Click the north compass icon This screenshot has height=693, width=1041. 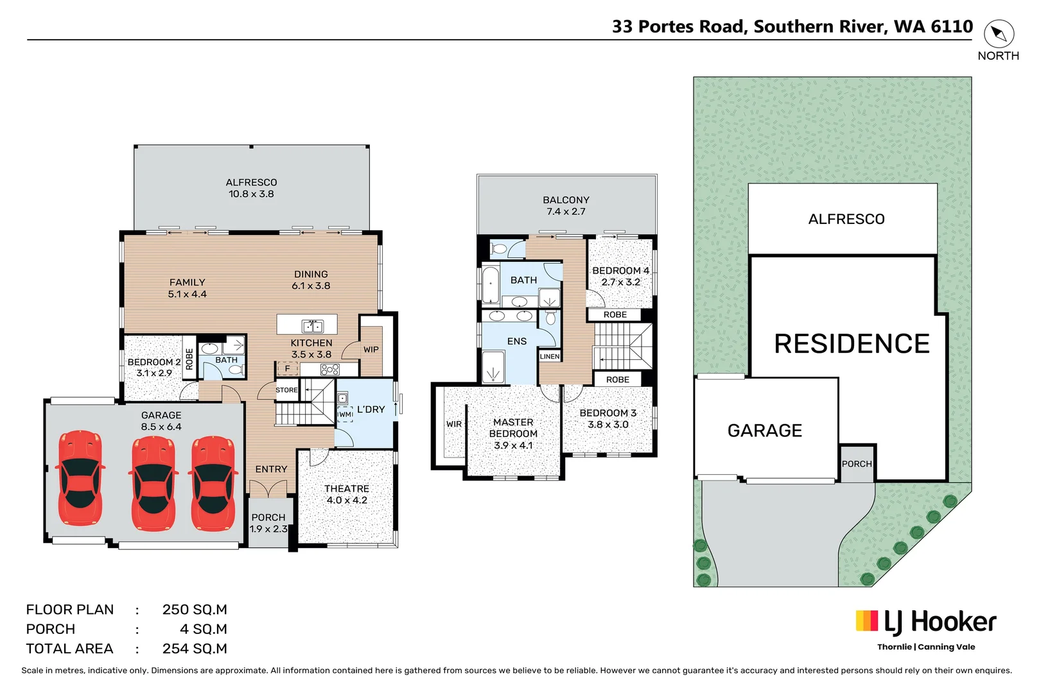click(x=998, y=34)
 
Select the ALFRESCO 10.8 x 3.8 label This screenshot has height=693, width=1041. click(x=251, y=188)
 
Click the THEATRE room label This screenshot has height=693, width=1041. click(x=347, y=494)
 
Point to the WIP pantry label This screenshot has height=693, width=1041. click(x=371, y=350)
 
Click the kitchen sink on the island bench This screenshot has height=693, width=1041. click(x=313, y=326)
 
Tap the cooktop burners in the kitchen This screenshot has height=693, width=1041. click(x=329, y=369)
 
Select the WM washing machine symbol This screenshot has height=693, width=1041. click(x=346, y=414)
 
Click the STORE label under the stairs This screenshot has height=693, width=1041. click(x=286, y=390)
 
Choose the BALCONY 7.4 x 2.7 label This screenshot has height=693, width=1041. click(x=566, y=205)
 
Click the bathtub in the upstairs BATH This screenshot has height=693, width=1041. click(x=491, y=285)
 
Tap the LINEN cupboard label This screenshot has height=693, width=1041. click(x=550, y=356)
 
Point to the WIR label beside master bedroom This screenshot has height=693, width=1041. click(x=454, y=424)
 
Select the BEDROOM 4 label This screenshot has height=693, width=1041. click(x=620, y=276)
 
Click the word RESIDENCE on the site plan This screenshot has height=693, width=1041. click(x=852, y=344)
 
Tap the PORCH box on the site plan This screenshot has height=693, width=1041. click(x=857, y=463)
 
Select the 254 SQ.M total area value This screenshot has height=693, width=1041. click(x=195, y=649)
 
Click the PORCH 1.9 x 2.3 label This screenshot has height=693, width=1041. click(x=268, y=523)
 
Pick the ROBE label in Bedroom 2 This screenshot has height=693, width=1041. click(x=189, y=359)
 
